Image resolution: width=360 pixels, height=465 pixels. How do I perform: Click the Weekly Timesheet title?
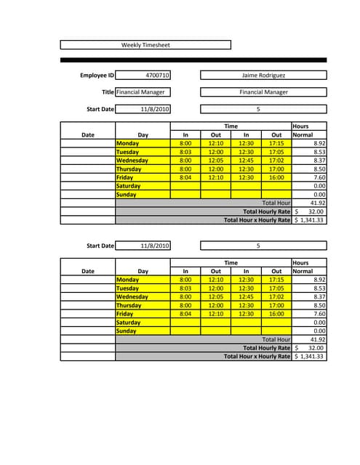[145, 45]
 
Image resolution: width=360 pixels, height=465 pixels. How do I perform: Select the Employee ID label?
[97, 75]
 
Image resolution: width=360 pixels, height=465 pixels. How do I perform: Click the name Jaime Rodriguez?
[263, 75]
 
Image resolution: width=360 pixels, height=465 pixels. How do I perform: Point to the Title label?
[108, 92]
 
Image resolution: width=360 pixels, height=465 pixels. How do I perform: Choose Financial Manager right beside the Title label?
[141, 92]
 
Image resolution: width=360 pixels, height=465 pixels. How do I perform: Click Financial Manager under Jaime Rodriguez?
[263, 92]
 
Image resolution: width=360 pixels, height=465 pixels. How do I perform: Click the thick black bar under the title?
[193, 60]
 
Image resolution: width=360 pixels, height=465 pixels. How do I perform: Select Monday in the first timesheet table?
[127, 143]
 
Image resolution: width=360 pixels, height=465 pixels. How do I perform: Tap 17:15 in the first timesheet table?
[276, 143]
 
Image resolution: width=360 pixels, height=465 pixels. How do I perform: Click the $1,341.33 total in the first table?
[310, 219]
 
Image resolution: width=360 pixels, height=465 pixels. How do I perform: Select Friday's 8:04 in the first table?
[185, 177]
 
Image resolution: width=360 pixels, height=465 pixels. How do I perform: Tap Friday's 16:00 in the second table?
[276, 314]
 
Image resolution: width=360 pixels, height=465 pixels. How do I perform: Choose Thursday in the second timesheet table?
[129, 305]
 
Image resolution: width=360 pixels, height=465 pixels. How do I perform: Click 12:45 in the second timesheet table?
[246, 296]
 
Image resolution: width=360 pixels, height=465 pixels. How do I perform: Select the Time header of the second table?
[231, 262]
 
